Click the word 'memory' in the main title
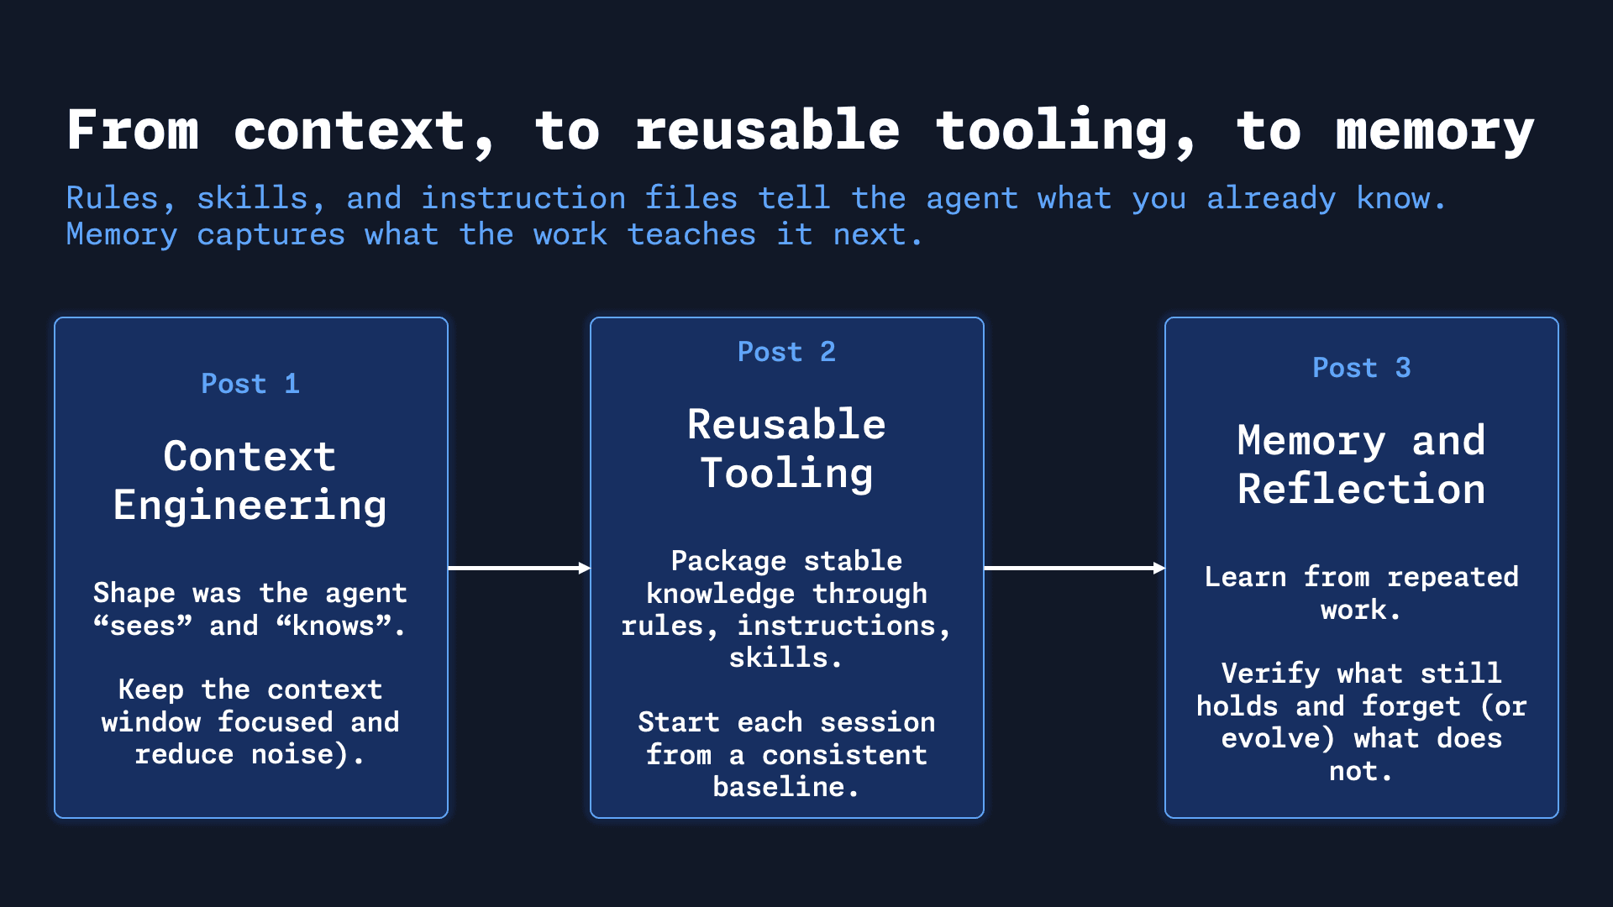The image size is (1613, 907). pyautogui.click(x=1434, y=133)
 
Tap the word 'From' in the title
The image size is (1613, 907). pyautogui.click(x=133, y=131)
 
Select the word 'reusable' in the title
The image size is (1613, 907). pyautogui.click(x=767, y=131)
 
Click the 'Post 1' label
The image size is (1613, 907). pyautogui.click(x=250, y=384)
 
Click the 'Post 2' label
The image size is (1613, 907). pyautogui.click(x=786, y=352)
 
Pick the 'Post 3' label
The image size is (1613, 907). pyautogui.click(x=1361, y=368)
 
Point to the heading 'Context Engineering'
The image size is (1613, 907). pyautogui.click(x=250, y=480)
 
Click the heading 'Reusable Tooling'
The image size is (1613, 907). pyautogui.click(x=786, y=448)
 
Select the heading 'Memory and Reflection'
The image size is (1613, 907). pyautogui.click(x=1361, y=464)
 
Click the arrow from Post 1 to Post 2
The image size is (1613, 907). pyautogui.click(x=518, y=569)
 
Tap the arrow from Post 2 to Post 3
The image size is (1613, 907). pyautogui.click(x=1074, y=569)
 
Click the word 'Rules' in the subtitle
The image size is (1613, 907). pyautogui.click(x=112, y=199)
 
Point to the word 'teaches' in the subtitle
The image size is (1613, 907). pyautogui.click(x=691, y=235)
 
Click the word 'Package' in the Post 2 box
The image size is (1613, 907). pyautogui.click(x=728, y=561)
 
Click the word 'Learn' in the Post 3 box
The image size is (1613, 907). pyautogui.click(x=1245, y=577)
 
